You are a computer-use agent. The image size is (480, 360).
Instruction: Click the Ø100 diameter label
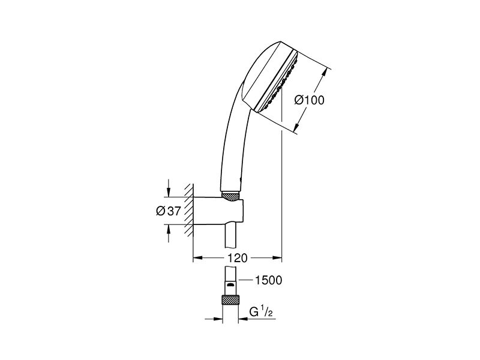pos(309,100)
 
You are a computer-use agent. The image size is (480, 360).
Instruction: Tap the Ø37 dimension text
pos(169,211)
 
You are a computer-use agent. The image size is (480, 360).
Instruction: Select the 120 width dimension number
pos(237,258)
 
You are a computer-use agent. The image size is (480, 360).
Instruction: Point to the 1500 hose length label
pos(269,280)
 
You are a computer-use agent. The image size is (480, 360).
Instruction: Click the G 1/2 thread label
pos(261,312)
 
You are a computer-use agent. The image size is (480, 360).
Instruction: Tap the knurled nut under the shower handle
pos(230,197)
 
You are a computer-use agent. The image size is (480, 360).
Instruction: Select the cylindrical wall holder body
pos(218,211)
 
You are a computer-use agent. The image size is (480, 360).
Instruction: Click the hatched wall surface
pos(188,210)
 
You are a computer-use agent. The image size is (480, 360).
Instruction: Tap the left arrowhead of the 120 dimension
pos(198,258)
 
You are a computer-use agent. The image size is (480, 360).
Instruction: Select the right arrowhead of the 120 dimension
pos(277,258)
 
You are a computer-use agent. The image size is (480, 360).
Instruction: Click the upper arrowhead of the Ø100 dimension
pos(325,73)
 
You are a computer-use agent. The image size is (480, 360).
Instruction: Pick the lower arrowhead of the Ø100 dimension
pos(297,126)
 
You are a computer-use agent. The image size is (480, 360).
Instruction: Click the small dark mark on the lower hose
pos(231,286)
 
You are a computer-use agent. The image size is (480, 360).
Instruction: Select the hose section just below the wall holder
pos(231,236)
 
